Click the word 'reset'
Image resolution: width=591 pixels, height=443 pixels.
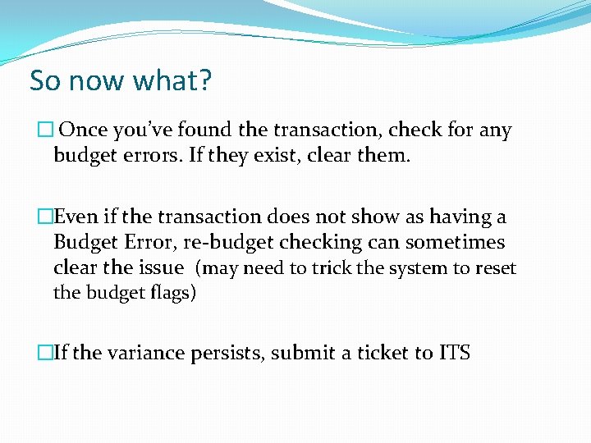pos(496,267)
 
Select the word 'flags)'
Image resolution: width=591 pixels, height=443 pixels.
pos(169,292)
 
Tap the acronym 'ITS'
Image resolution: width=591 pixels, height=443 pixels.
pos(454,354)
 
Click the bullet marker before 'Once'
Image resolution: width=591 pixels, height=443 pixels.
pos(44,130)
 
